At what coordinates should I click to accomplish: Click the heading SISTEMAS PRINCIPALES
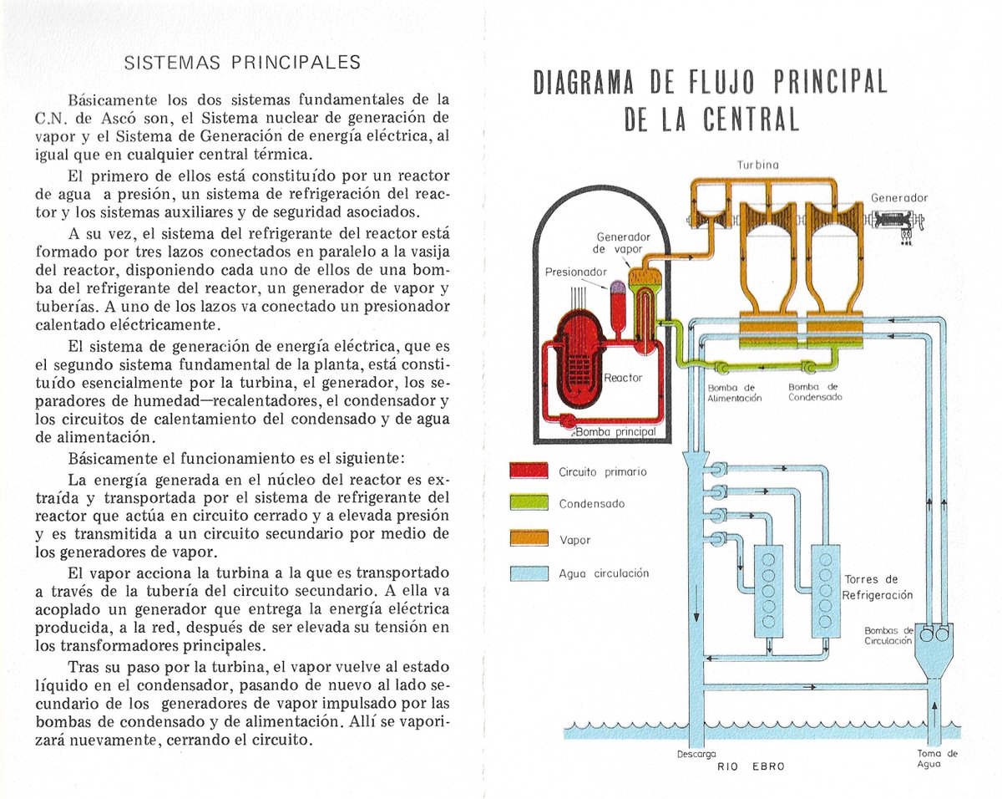(x=242, y=63)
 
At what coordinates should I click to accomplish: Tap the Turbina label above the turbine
(x=758, y=165)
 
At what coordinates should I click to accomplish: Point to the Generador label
(x=898, y=199)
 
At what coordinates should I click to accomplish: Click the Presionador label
(x=576, y=272)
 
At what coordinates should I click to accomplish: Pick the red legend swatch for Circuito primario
(x=528, y=471)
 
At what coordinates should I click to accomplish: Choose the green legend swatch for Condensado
(x=528, y=504)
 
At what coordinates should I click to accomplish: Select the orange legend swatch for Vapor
(x=528, y=539)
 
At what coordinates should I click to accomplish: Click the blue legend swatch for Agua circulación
(x=528, y=573)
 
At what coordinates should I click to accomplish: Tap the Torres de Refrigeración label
(x=877, y=587)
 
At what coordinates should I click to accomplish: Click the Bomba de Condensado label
(x=815, y=393)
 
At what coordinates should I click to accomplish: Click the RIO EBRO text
(x=751, y=766)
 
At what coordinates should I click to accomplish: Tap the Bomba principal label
(x=615, y=431)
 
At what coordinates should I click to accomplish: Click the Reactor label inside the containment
(x=623, y=378)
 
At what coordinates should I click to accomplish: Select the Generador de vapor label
(x=623, y=243)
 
